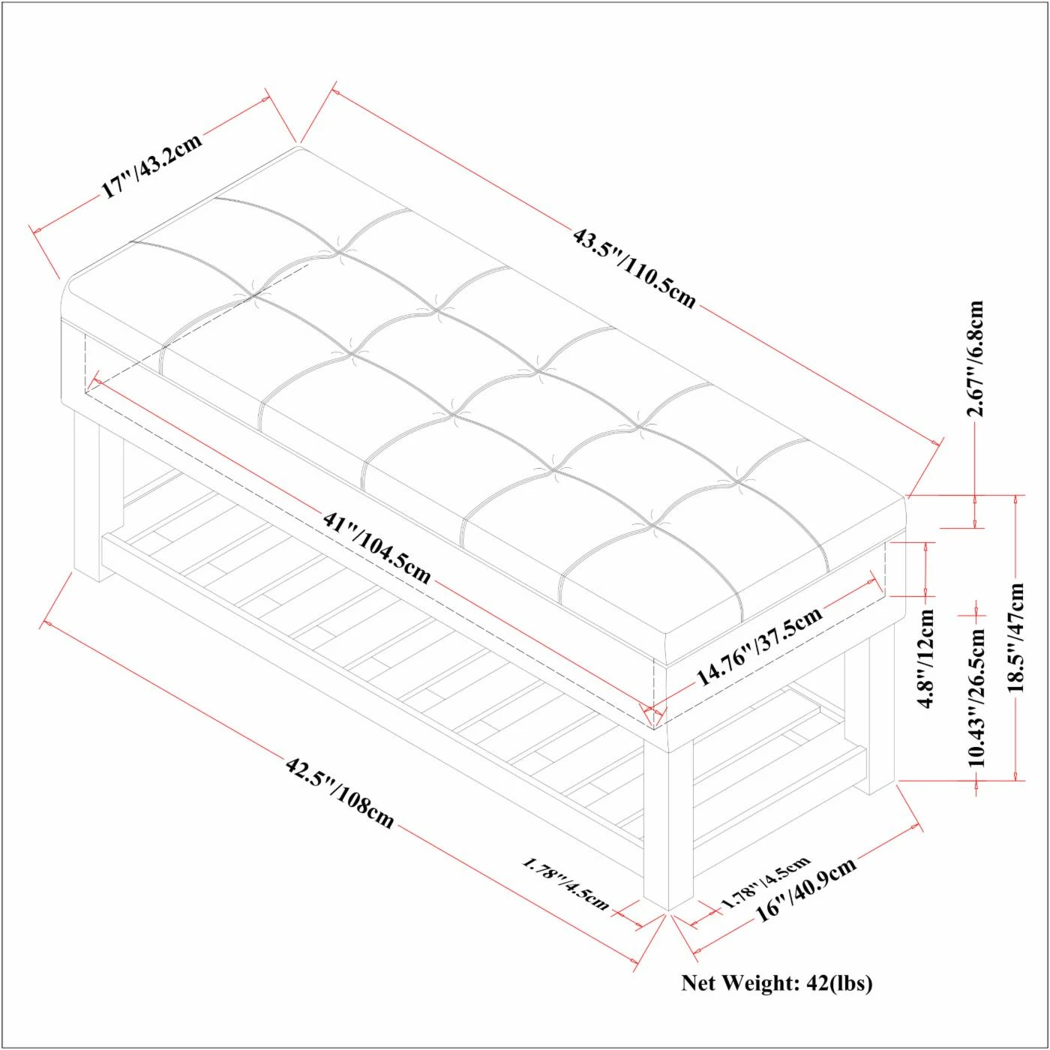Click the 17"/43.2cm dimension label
[x=152, y=164]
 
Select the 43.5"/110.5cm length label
[x=634, y=268]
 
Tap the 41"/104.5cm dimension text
[x=377, y=547]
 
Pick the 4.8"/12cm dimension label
[x=926, y=658]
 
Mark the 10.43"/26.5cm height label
[x=976, y=698]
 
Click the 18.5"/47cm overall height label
[x=1015, y=637]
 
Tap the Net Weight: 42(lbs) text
[x=777, y=982]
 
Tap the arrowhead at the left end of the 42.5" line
[x=49, y=623]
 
